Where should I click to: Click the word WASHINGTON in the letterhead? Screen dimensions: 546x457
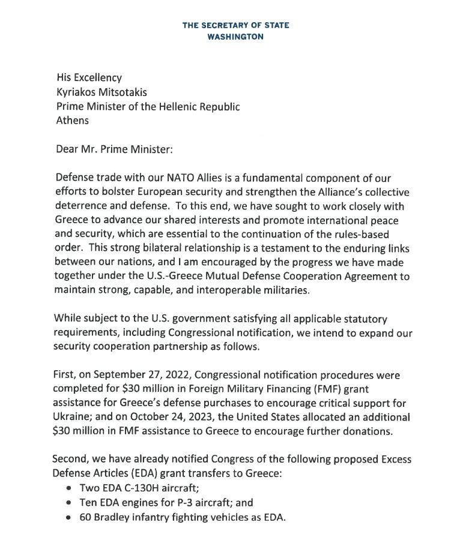(x=235, y=36)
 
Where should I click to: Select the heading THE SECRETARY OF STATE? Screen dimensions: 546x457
(x=235, y=25)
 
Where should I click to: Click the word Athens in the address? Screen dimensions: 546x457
(x=72, y=120)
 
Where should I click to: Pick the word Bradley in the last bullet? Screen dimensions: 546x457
(x=111, y=518)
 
